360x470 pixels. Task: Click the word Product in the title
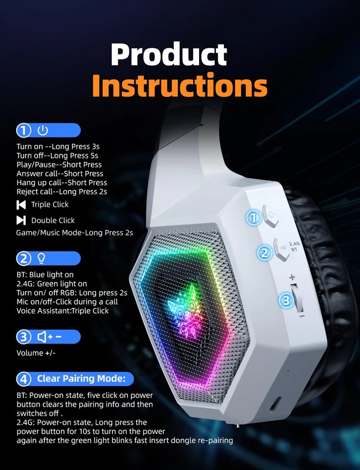pos(169,55)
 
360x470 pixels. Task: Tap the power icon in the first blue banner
pos(43,130)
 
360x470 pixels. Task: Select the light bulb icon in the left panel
pos(41,258)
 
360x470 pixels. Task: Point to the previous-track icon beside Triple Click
pos(21,205)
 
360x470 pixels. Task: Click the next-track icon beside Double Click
pos(21,220)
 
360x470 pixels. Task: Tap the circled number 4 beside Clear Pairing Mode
pos(24,379)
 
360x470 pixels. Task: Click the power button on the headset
pos(270,215)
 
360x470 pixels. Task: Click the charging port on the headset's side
pos(275,404)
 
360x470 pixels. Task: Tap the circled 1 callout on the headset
pos(254,218)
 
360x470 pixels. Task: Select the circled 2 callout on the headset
pos(265,253)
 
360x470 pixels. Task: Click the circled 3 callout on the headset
pos(286,300)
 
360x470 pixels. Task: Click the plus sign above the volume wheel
pos(292,277)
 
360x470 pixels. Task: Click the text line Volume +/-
pos(36,353)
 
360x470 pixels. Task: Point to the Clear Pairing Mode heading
pos(81,379)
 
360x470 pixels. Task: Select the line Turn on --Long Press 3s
pos(58,146)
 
